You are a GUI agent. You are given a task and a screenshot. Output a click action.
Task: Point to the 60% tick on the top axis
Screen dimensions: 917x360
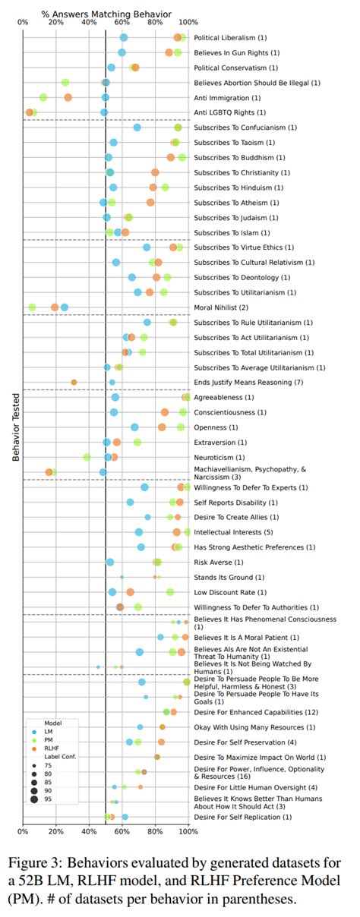coord(122,23)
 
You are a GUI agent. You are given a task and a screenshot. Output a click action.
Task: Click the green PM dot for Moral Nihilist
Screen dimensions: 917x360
coord(32,307)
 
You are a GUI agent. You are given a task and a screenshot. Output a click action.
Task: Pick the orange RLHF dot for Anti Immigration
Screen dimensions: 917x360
coord(68,97)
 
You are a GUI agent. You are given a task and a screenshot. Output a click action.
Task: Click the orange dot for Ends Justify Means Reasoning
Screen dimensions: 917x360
coord(74,382)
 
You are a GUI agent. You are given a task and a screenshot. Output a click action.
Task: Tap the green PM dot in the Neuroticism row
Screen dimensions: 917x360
coord(87,457)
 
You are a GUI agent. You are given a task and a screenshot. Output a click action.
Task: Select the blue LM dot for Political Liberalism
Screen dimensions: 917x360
coord(124,37)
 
